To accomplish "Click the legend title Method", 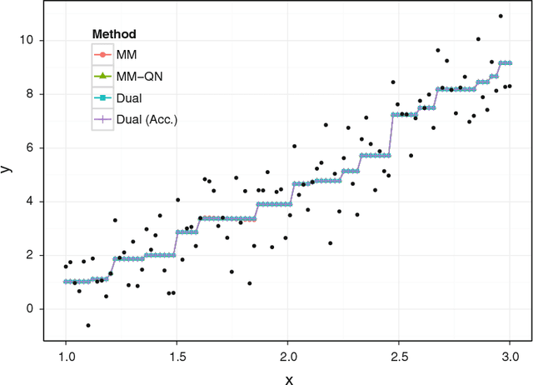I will tap(114, 35).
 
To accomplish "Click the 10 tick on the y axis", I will tap(30, 40).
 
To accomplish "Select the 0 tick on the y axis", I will tap(32, 309).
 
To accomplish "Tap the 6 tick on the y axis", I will tap(32, 147).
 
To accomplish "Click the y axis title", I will tap(7, 168).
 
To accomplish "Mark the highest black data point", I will tap(501, 16).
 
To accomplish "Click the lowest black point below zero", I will tap(88, 325).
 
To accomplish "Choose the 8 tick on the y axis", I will tap(32, 94).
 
